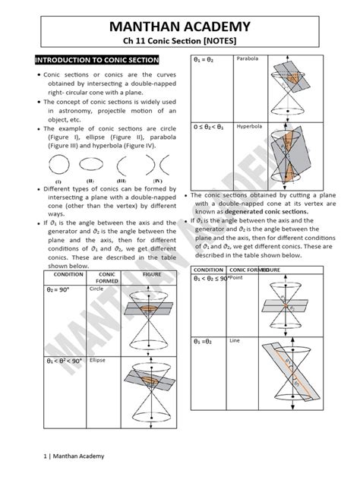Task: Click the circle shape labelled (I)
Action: [57, 166]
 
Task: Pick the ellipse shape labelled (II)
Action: [91, 166]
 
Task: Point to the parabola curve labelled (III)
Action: [124, 166]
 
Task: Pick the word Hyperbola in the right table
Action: [250, 125]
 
